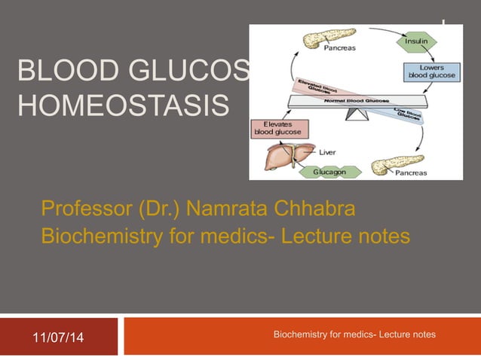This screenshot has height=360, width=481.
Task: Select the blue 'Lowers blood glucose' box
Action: [426, 72]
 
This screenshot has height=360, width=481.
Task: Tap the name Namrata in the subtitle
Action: [222, 206]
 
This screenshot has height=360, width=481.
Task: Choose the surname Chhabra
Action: [320, 206]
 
